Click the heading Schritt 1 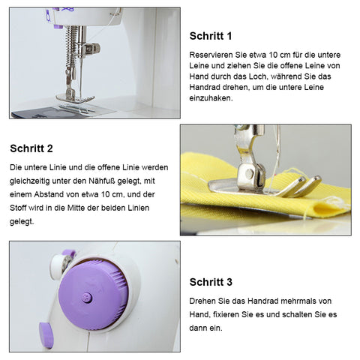click(x=211, y=36)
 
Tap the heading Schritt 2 click(x=31, y=148)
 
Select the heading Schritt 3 click(x=211, y=282)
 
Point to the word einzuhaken click(x=211, y=98)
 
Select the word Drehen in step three click(x=202, y=301)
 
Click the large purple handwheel click(x=94, y=295)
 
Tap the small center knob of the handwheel click(x=87, y=298)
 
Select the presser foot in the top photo click(x=75, y=97)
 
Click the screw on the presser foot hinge click(x=249, y=173)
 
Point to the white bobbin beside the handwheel click(x=59, y=265)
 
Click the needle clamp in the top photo click(x=91, y=49)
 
